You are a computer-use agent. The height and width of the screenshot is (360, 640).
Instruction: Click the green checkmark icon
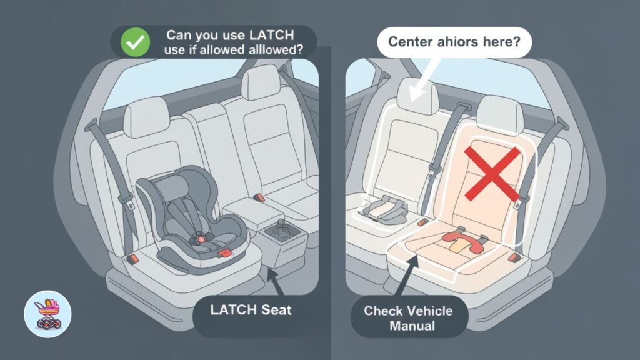(x=132, y=43)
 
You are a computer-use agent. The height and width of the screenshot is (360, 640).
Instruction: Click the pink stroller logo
(x=47, y=314)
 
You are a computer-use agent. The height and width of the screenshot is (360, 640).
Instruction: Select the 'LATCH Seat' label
(x=251, y=309)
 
